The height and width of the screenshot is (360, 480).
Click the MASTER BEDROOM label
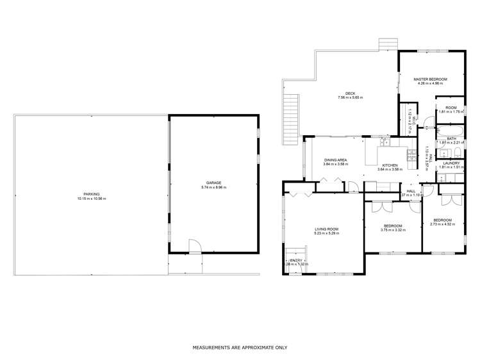click(x=429, y=78)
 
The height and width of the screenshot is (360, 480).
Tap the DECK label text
click(x=351, y=94)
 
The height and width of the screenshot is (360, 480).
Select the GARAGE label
click(x=214, y=183)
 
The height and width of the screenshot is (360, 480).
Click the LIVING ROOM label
click(x=326, y=229)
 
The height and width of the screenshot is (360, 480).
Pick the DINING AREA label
click(x=335, y=160)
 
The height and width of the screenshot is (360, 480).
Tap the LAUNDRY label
click(x=451, y=164)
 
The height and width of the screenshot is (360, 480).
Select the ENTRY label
click(x=295, y=260)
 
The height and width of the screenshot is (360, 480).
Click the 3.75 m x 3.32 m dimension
click(x=392, y=230)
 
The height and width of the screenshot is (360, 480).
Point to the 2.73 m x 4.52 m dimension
click(x=442, y=224)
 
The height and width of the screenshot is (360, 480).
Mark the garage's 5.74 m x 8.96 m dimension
click(x=214, y=187)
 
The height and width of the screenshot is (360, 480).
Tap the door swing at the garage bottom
click(x=193, y=247)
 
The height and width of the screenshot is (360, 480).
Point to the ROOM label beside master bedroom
click(x=451, y=108)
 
